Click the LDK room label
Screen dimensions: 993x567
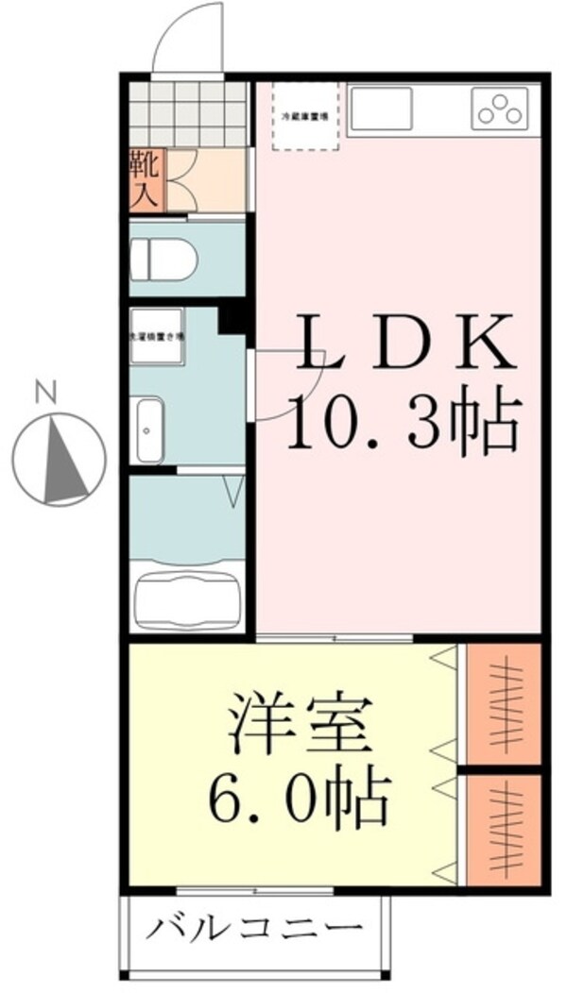click(406, 345)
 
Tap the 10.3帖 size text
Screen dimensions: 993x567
click(404, 422)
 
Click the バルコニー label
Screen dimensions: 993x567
click(255, 927)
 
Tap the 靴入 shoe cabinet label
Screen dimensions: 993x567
click(147, 179)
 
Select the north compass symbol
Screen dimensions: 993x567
click(63, 459)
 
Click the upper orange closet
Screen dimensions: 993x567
click(503, 703)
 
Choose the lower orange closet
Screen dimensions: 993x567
click(503, 829)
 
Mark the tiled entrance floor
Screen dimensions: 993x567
click(187, 115)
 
